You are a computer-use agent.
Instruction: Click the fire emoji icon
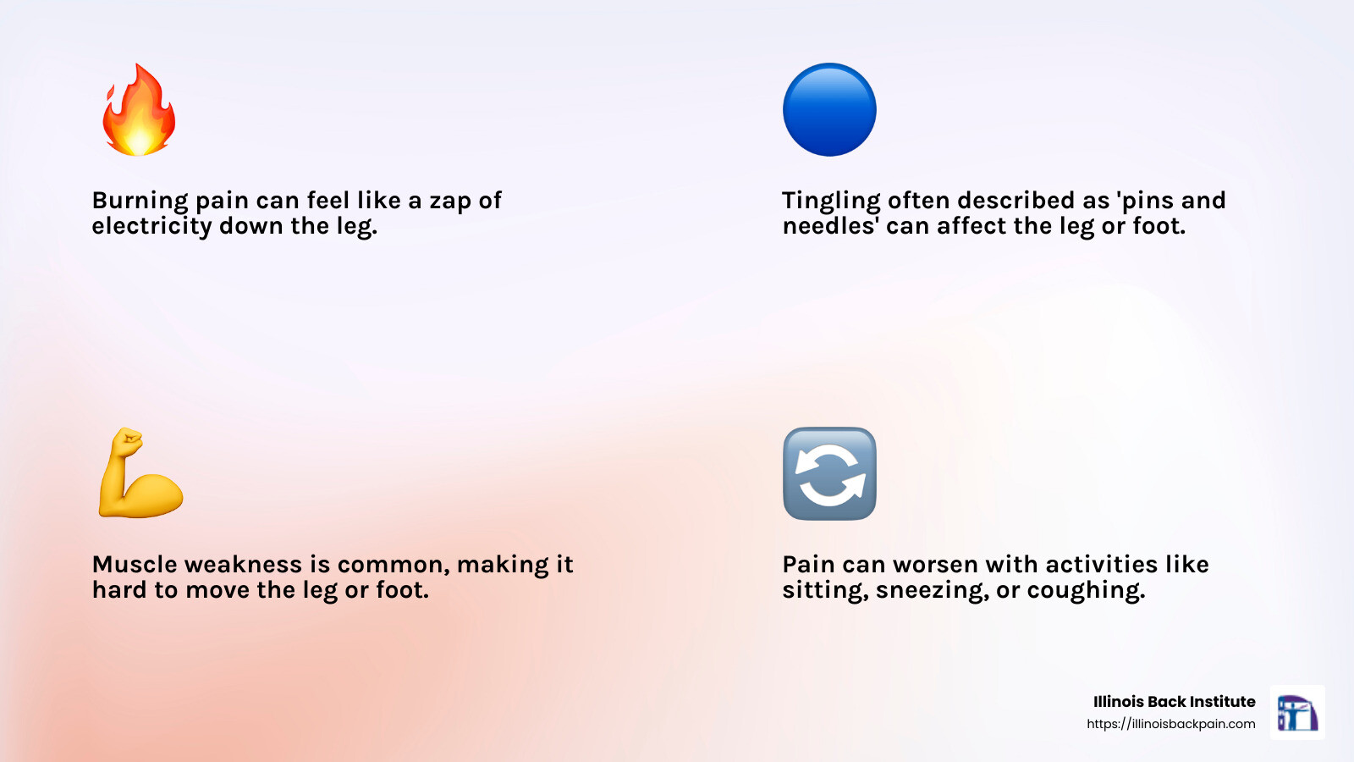click(x=139, y=109)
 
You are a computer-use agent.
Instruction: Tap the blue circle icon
click(x=829, y=109)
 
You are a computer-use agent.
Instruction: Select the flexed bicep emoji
click(x=140, y=473)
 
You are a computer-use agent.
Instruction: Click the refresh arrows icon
click(x=829, y=473)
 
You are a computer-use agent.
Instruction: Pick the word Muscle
click(x=136, y=565)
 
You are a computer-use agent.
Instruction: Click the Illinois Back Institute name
click(x=1175, y=702)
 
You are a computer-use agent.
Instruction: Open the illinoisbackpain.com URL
click(x=1171, y=725)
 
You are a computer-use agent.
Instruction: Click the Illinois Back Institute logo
click(x=1297, y=712)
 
